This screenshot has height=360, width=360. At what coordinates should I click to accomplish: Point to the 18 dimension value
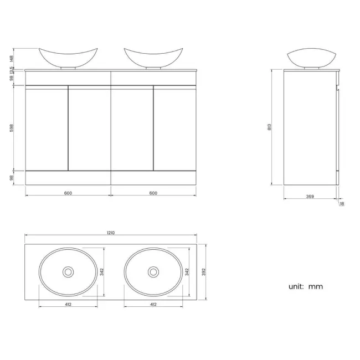[x=341, y=204]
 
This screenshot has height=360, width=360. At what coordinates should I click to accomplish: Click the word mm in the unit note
[x=316, y=286]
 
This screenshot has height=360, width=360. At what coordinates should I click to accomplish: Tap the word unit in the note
[x=296, y=286]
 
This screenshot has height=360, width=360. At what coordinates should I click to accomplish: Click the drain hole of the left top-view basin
[x=68, y=271]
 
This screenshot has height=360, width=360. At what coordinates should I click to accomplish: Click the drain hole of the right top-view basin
[x=153, y=271]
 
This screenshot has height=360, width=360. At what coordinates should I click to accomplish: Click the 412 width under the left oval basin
[x=68, y=304]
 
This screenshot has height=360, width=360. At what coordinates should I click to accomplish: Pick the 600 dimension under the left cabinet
[x=68, y=193]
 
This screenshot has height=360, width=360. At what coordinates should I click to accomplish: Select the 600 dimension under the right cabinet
[x=153, y=193]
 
